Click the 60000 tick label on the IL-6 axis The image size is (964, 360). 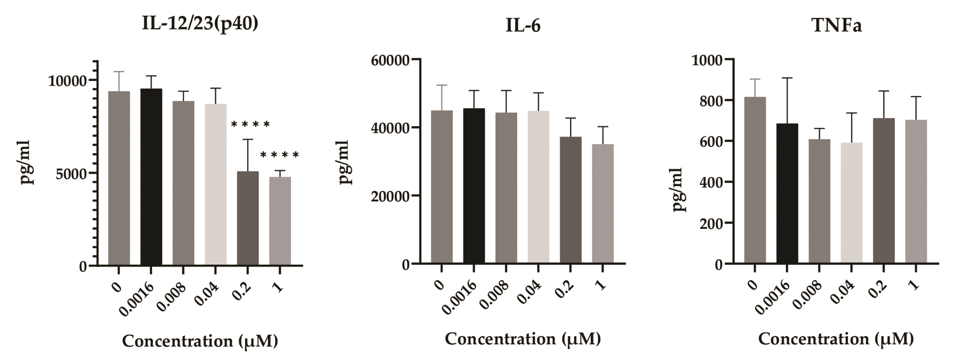pyautogui.click(x=389, y=61)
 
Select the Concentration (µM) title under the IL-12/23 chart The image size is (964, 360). pyautogui.click(x=200, y=341)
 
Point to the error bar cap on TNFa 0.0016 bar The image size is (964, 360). pyautogui.click(x=787, y=78)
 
